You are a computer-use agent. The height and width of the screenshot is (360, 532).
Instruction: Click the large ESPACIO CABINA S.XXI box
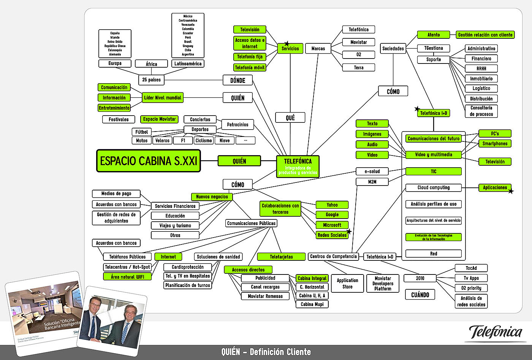click(149, 161)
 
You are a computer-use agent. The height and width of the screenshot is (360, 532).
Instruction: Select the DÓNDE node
click(237, 80)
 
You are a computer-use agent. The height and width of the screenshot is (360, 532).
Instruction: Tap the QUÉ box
click(290, 118)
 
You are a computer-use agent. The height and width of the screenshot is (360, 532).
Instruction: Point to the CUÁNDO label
click(420, 295)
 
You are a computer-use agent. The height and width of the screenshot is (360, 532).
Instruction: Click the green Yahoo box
click(332, 205)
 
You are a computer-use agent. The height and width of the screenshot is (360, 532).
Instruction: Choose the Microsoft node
click(332, 225)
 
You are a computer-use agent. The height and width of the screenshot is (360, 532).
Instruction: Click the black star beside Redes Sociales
click(349, 231)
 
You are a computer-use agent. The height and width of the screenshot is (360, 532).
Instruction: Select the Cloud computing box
click(433, 187)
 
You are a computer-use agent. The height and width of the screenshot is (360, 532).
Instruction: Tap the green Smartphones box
click(495, 144)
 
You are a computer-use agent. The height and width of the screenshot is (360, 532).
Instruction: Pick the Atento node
click(433, 35)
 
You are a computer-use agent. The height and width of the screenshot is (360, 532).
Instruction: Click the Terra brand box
click(358, 68)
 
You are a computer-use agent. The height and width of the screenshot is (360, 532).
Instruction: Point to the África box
click(151, 64)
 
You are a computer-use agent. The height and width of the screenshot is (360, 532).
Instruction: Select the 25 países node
click(151, 80)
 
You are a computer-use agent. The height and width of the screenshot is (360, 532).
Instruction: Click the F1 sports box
click(183, 141)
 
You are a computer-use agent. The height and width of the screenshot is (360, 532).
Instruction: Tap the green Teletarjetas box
click(281, 257)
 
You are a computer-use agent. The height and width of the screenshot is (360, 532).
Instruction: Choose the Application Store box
click(347, 284)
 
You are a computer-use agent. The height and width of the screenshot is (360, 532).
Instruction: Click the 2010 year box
click(420, 278)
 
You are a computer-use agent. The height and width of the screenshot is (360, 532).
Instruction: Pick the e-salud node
click(372, 171)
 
